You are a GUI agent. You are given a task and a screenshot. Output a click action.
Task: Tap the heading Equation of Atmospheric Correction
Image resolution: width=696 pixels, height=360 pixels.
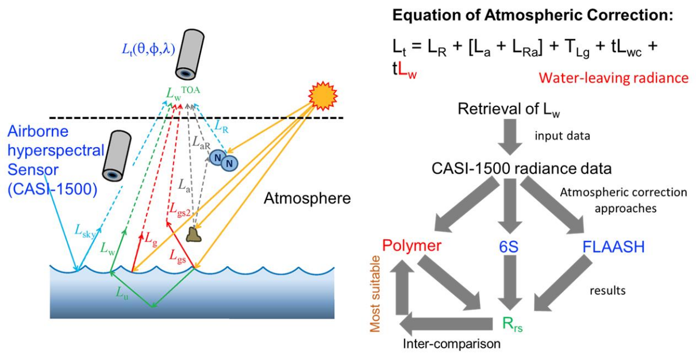(532, 16)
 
